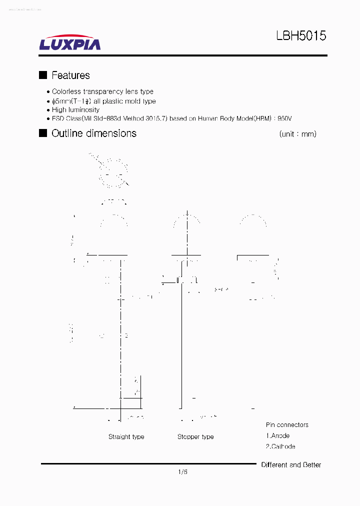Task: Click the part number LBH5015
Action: coord(301,36)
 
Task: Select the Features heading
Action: coord(70,75)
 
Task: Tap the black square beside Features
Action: coord(43,75)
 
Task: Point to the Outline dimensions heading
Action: coord(94,133)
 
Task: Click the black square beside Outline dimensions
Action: coord(43,133)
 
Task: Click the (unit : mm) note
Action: coord(297,134)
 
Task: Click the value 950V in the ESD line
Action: coord(284,118)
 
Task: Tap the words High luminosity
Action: coord(75,109)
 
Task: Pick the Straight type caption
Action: coord(126,436)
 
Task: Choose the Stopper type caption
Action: coord(195,436)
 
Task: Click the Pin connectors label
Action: coord(287,425)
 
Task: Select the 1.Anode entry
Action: coord(277,435)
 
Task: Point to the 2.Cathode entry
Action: coord(280,446)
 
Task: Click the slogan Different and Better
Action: coord(291,465)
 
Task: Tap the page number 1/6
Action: coord(182,471)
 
